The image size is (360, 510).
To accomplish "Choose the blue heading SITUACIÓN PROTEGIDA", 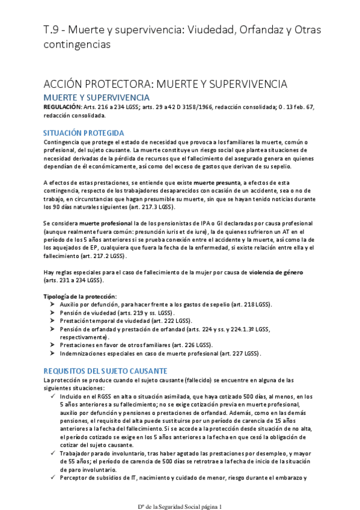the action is click(x=84, y=133).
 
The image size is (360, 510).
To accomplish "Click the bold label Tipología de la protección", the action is click(x=80, y=296).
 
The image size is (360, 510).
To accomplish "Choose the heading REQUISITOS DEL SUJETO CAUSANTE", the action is click(x=105, y=370).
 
